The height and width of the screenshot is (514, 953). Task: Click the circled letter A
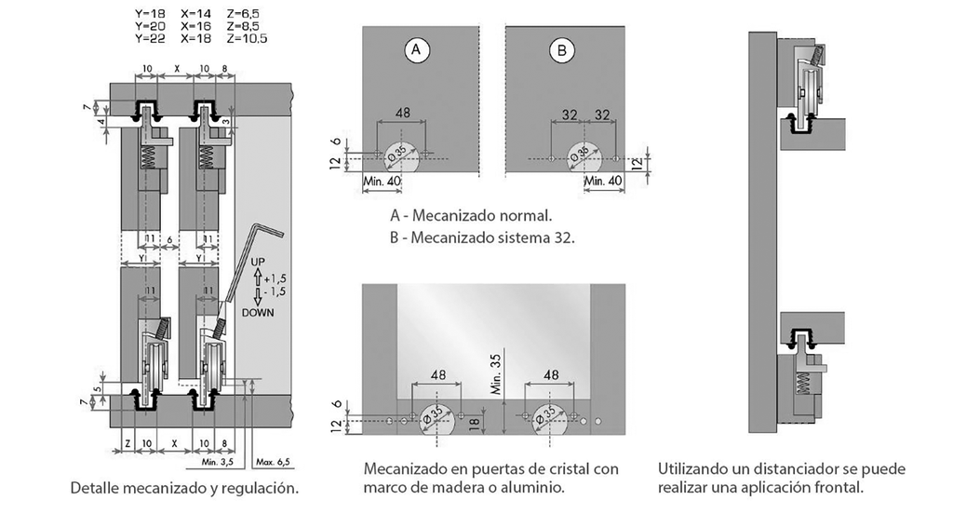tap(416, 51)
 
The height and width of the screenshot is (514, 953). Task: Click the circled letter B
tap(561, 51)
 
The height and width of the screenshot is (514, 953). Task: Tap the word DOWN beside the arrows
tap(257, 313)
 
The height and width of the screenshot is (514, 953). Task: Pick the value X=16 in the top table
tap(196, 27)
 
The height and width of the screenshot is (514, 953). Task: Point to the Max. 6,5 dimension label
tap(273, 461)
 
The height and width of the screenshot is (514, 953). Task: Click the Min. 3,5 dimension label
tap(218, 461)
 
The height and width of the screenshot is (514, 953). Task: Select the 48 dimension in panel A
tap(403, 113)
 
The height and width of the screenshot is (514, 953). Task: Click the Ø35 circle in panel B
tap(584, 154)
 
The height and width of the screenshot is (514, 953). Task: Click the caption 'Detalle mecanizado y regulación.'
tap(184, 488)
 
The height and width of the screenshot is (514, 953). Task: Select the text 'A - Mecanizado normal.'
tap(471, 214)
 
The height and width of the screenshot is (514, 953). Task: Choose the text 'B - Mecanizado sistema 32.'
tap(482, 237)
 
